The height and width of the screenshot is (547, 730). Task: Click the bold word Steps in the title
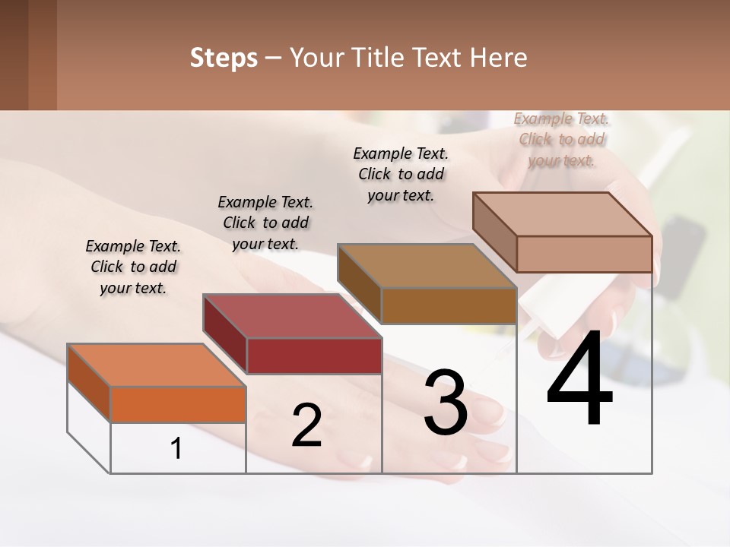[x=224, y=58]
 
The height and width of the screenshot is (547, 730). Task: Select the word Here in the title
[x=499, y=58]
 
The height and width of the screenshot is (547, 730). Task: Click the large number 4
[x=579, y=380]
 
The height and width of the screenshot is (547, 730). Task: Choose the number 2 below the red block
[x=306, y=425]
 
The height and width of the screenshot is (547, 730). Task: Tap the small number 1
[x=176, y=449]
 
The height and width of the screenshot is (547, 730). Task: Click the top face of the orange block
[x=156, y=365]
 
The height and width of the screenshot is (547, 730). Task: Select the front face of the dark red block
[x=314, y=356]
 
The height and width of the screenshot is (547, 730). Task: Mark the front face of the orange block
[x=178, y=404]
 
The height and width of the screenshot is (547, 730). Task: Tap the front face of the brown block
[x=449, y=305]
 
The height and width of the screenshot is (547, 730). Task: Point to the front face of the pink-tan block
[x=584, y=254]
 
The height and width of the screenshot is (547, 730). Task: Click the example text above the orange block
[x=133, y=267]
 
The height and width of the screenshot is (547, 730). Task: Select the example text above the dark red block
[x=265, y=223]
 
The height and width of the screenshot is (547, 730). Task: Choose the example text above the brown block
[x=401, y=174]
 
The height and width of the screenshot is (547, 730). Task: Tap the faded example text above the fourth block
[x=561, y=139]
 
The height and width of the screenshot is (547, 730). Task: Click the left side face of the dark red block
[x=225, y=334]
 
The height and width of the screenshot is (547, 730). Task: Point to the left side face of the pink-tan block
[x=495, y=232]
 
